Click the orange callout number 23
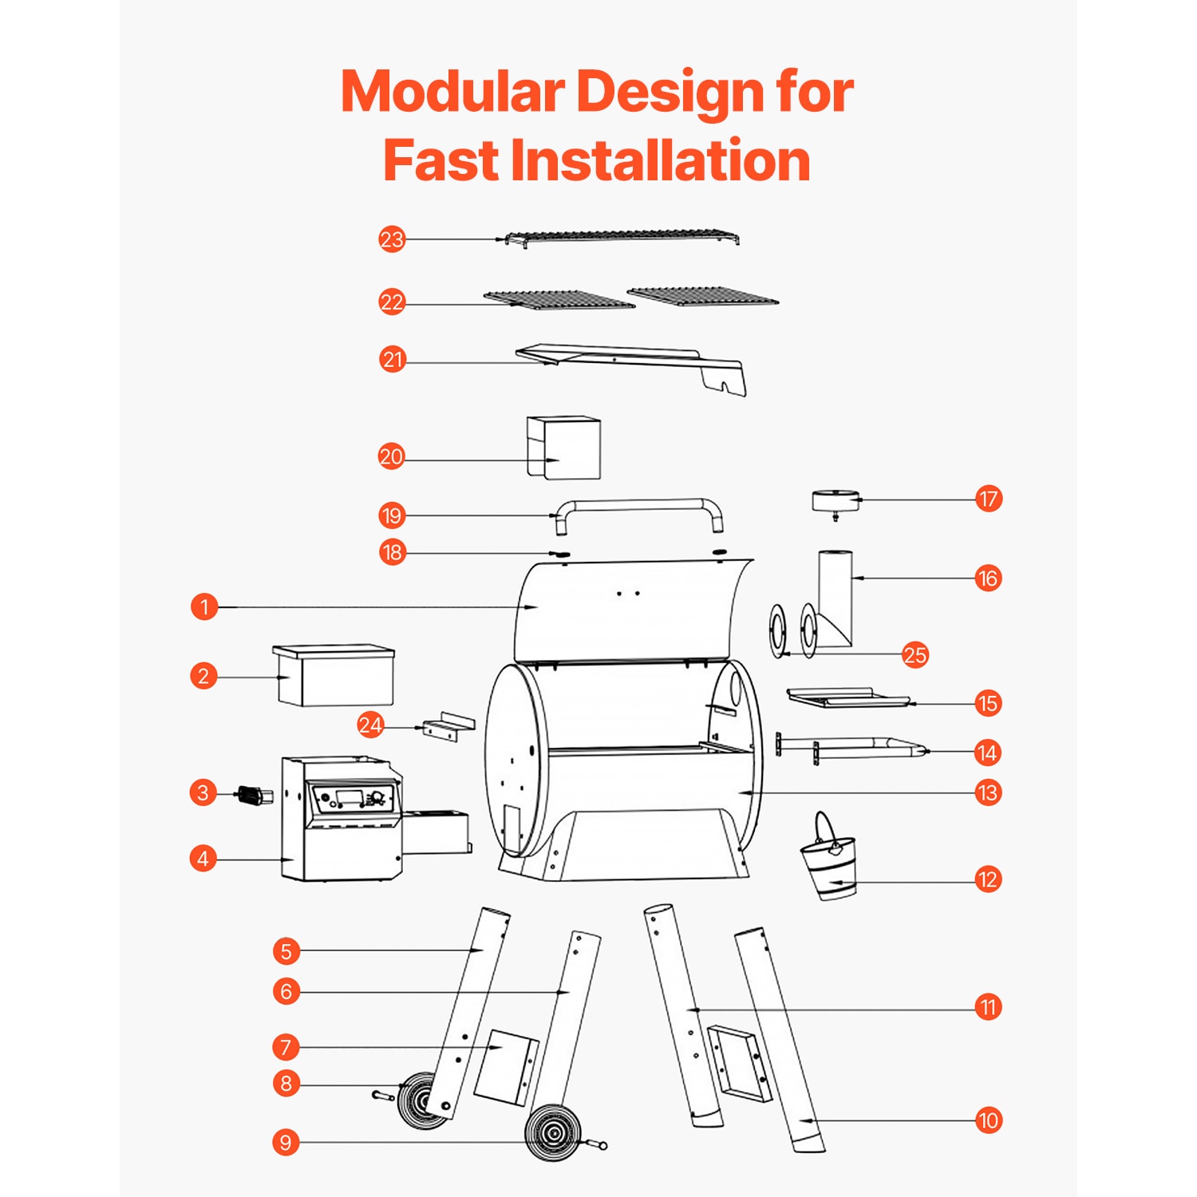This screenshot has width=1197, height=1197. [x=392, y=239]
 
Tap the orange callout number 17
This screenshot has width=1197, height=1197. [x=988, y=500]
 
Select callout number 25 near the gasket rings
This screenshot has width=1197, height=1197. [x=915, y=655]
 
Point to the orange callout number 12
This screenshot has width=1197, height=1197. [x=988, y=879]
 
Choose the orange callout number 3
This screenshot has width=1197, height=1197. [x=203, y=793]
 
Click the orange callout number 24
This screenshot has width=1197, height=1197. [x=370, y=725]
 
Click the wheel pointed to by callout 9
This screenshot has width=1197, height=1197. [x=552, y=1132]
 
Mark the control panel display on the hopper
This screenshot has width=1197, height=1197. [x=350, y=797]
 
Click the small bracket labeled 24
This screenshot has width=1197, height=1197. [x=448, y=727]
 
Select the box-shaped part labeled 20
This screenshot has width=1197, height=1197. [x=563, y=448]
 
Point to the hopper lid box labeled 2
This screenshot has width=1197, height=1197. [x=334, y=675]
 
